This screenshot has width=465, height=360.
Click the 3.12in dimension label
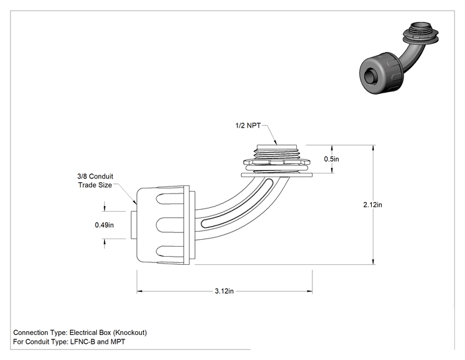(224, 291)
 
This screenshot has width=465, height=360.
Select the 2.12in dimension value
(372, 205)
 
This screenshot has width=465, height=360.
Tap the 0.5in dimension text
(331, 159)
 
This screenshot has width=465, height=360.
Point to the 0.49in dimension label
(104, 225)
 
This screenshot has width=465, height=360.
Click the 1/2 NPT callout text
(248, 125)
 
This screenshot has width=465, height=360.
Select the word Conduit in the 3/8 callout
(101, 177)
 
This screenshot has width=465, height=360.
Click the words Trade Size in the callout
(95, 185)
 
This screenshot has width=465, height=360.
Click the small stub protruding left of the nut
(134, 225)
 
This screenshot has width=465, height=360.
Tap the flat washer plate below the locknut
(277, 175)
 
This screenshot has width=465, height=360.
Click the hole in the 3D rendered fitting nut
(371, 75)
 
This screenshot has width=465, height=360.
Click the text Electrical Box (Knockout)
(108, 332)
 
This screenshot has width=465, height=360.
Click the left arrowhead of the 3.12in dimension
(139, 291)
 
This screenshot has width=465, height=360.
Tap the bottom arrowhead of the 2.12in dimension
(373, 261)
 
